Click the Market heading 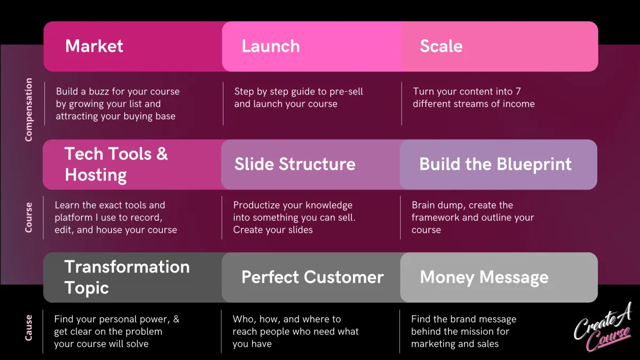pos(94,46)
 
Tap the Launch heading pos(270,46)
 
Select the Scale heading pos(441,46)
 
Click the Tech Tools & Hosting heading pos(116,164)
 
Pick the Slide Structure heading pos(294,164)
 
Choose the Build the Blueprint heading pos(495,164)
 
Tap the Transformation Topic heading pos(126,277)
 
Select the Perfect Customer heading pos(312,277)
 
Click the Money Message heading pos(484,277)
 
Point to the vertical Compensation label pos(29,109)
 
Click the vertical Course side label pos(29,217)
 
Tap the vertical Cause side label pos(29,327)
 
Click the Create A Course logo pos(603,327)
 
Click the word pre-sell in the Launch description pos(347,91)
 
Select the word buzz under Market pos(100,91)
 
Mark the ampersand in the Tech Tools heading pos(162,154)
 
